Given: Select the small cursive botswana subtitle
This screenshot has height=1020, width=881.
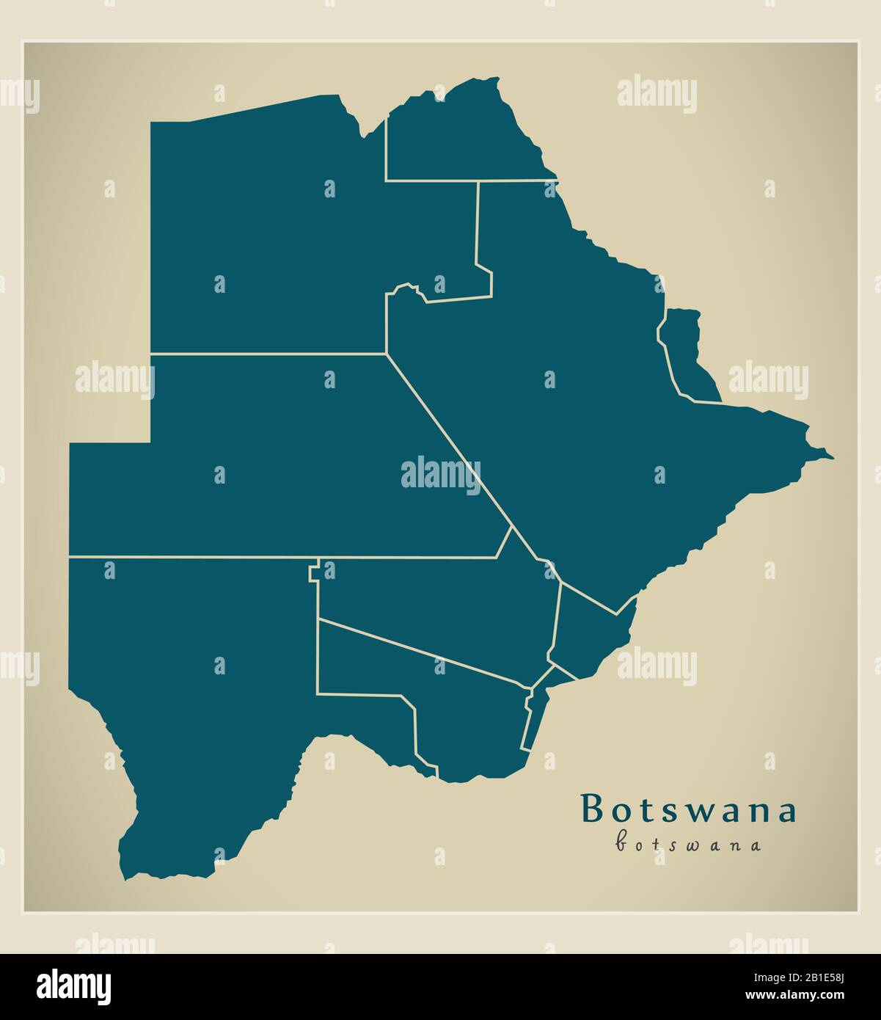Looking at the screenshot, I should tap(688, 844).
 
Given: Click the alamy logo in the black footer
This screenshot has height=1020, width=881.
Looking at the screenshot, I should tap(74, 985).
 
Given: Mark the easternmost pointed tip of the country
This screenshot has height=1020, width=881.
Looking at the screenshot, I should tap(832, 458).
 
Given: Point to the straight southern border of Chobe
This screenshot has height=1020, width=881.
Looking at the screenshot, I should tap(469, 180).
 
